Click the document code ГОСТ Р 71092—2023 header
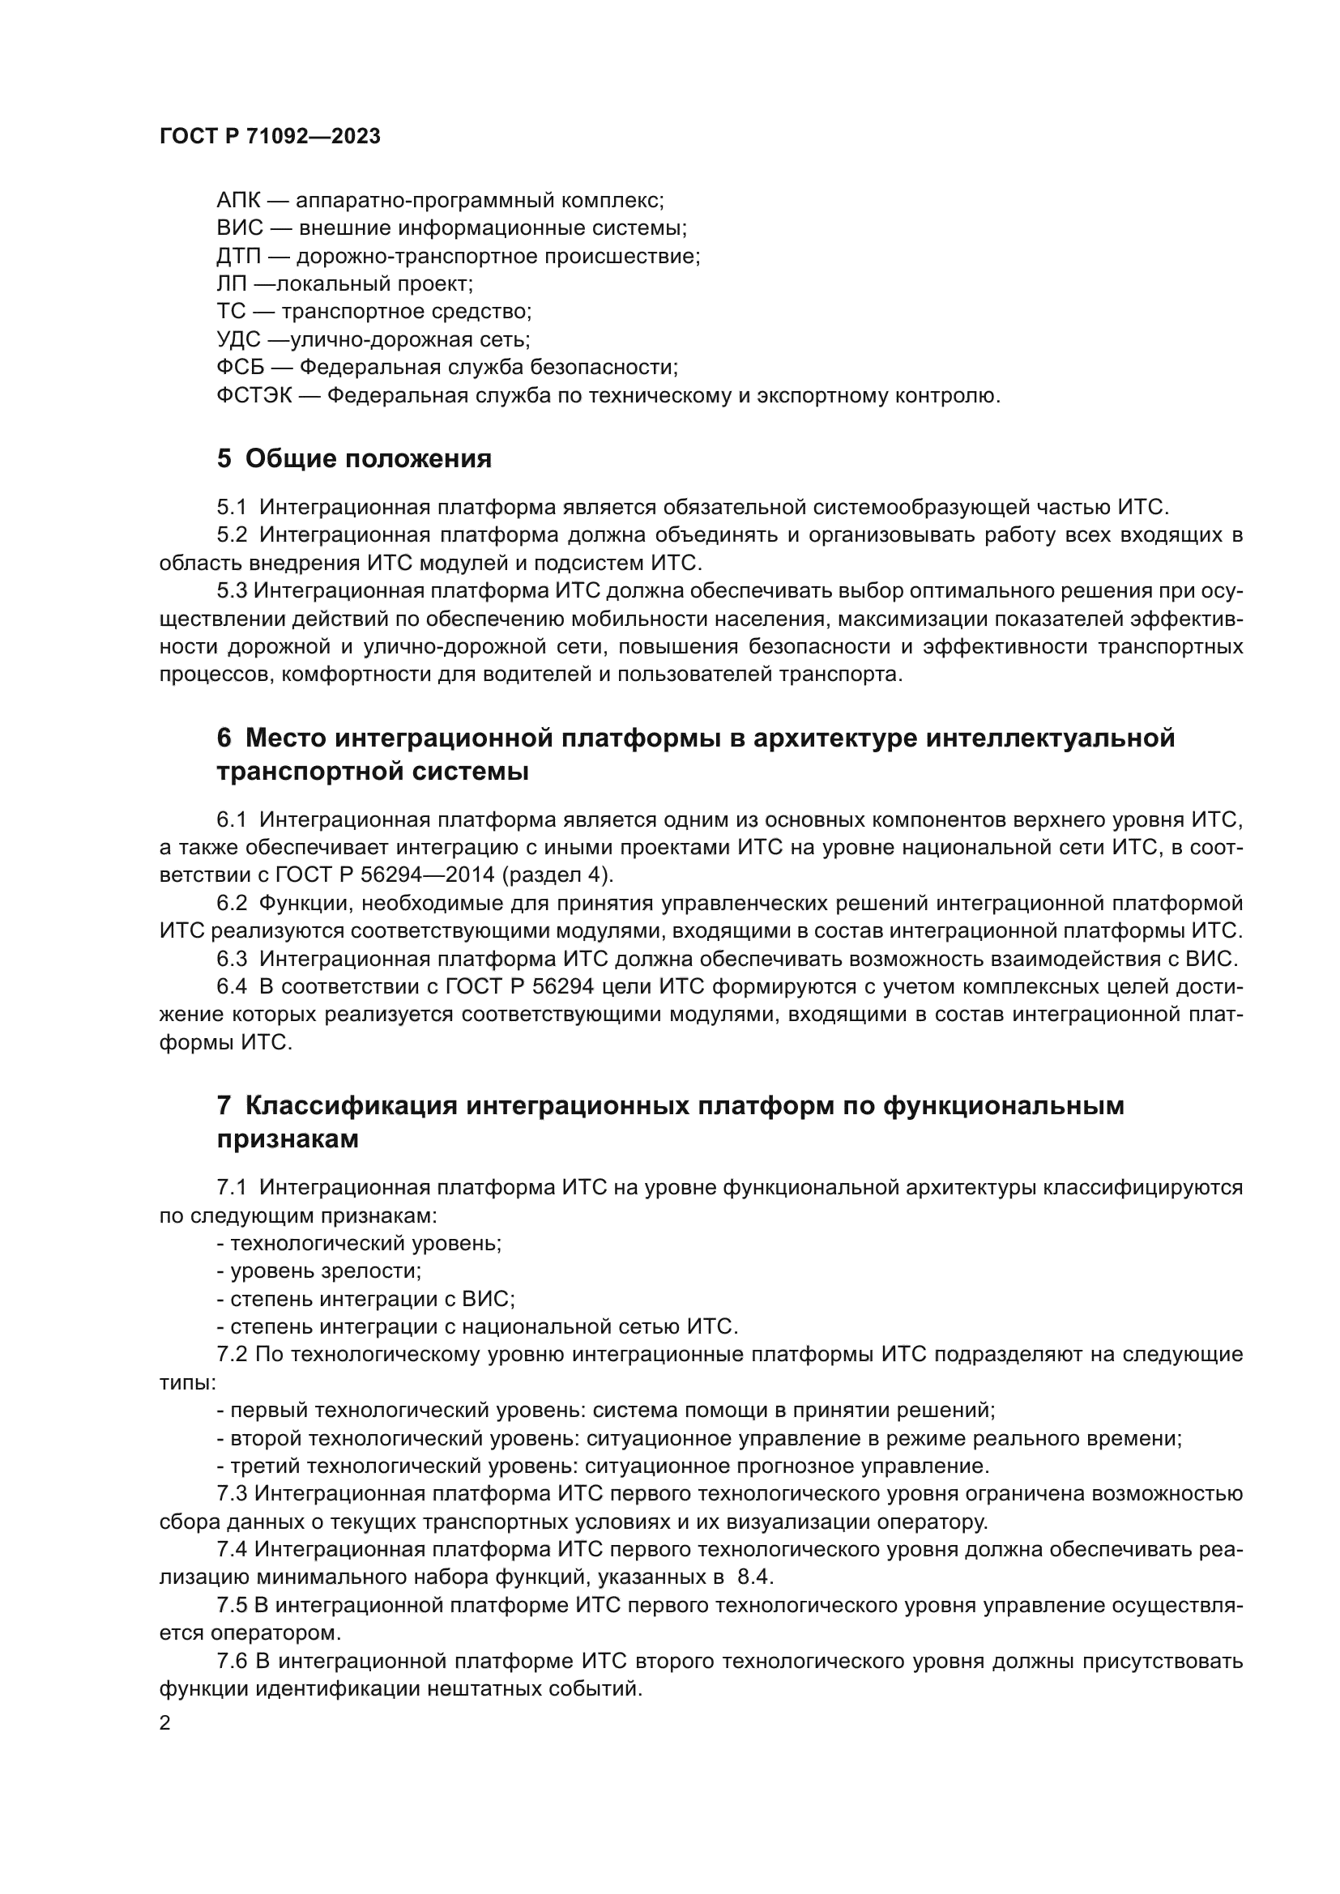pyautogui.click(x=270, y=137)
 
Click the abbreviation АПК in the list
pyautogui.click(x=238, y=201)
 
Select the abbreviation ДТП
pyautogui.click(x=238, y=257)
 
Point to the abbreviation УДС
pyautogui.click(x=238, y=340)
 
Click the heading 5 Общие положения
pyautogui.click(x=354, y=458)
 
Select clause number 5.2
pyautogui.click(x=232, y=535)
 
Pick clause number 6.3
pyautogui.click(x=232, y=960)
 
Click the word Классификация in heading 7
pyautogui.click(x=352, y=1105)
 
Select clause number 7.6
pyautogui.click(x=232, y=1662)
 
